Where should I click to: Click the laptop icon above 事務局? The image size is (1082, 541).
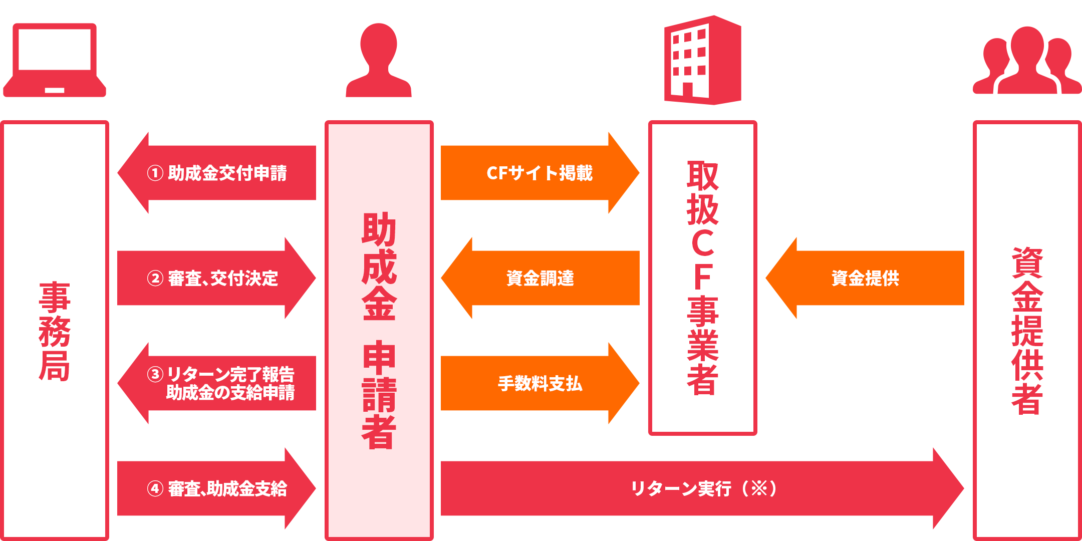point(55,60)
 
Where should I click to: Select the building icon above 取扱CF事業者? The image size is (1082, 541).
point(702,60)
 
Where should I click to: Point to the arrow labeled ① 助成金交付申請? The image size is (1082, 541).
point(216,173)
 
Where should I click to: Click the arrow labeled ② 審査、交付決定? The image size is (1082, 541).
point(216,278)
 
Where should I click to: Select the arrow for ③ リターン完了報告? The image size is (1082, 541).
point(216,383)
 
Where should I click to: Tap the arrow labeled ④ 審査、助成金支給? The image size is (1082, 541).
point(216,488)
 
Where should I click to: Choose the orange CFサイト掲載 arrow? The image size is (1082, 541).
point(540,173)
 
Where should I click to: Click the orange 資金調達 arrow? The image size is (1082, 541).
point(540,278)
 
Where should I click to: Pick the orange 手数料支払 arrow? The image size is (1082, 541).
point(540,383)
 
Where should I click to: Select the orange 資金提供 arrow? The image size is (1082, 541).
point(865,278)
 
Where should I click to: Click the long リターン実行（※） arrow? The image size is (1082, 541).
point(701,488)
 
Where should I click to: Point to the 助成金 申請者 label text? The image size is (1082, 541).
point(379,331)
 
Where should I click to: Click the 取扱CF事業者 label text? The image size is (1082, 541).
point(703,278)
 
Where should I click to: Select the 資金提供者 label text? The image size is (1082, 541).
point(1027,331)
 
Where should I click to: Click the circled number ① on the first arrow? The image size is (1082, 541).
point(155,173)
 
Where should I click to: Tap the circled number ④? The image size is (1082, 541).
point(155,488)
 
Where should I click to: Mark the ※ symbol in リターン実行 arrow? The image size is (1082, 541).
point(759,488)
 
